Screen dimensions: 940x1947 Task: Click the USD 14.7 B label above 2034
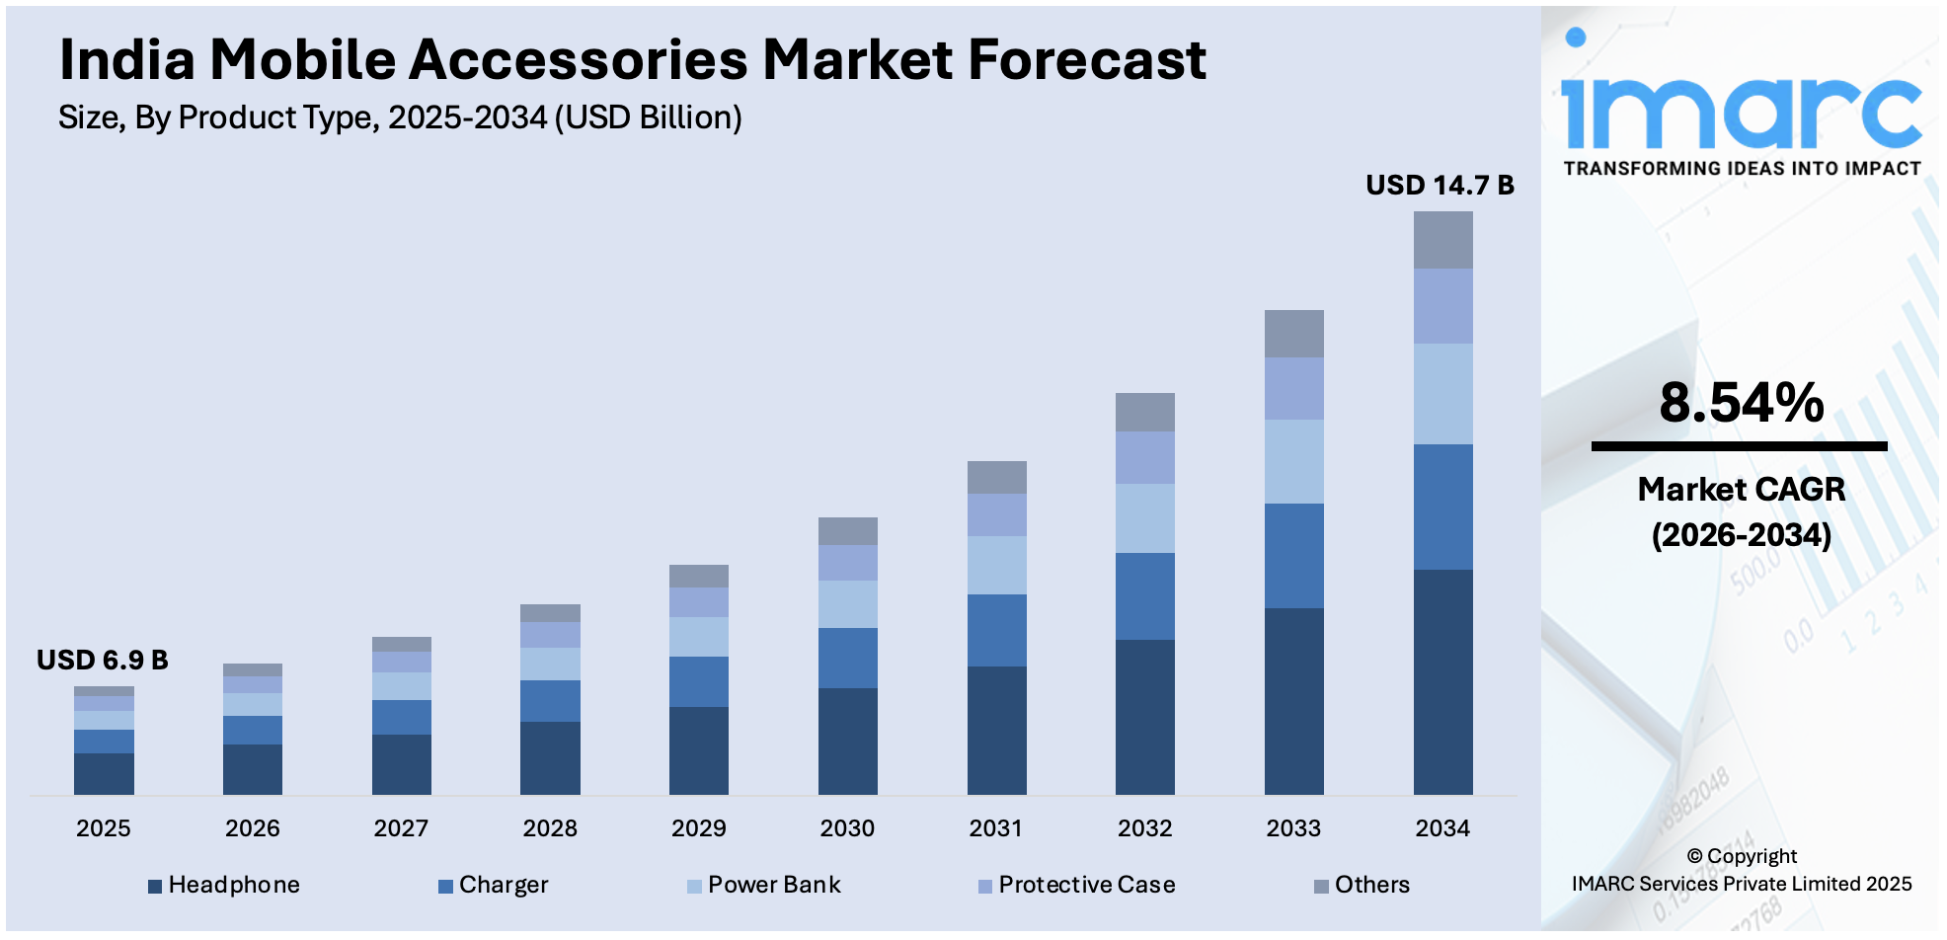(x=1439, y=186)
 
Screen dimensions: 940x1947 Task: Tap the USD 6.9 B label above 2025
(x=103, y=660)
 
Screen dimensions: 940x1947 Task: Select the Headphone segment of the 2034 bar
(x=1442, y=681)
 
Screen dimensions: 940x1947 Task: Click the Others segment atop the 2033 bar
(x=1293, y=334)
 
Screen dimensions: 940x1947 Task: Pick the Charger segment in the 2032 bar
(x=1144, y=596)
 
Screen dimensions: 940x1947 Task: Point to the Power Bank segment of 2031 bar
(x=996, y=565)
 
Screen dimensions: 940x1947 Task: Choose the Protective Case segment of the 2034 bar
(x=1442, y=306)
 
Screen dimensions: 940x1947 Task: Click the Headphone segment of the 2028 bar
(x=550, y=757)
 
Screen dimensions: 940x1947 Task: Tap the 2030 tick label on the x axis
(x=847, y=828)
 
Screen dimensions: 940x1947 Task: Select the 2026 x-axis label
(x=252, y=828)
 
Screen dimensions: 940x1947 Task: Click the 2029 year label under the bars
(x=698, y=828)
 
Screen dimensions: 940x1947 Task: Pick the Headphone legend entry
(x=233, y=885)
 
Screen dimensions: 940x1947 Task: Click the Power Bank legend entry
(x=773, y=885)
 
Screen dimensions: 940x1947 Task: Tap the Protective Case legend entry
(x=1086, y=885)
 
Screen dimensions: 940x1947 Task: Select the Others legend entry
(x=1371, y=885)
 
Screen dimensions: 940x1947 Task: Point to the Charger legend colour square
(x=445, y=887)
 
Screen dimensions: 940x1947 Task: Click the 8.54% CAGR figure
(x=1741, y=403)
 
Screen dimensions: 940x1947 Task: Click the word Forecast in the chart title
(x=1086, y=59)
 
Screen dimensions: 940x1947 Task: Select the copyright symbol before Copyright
(x=1694, y=856)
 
